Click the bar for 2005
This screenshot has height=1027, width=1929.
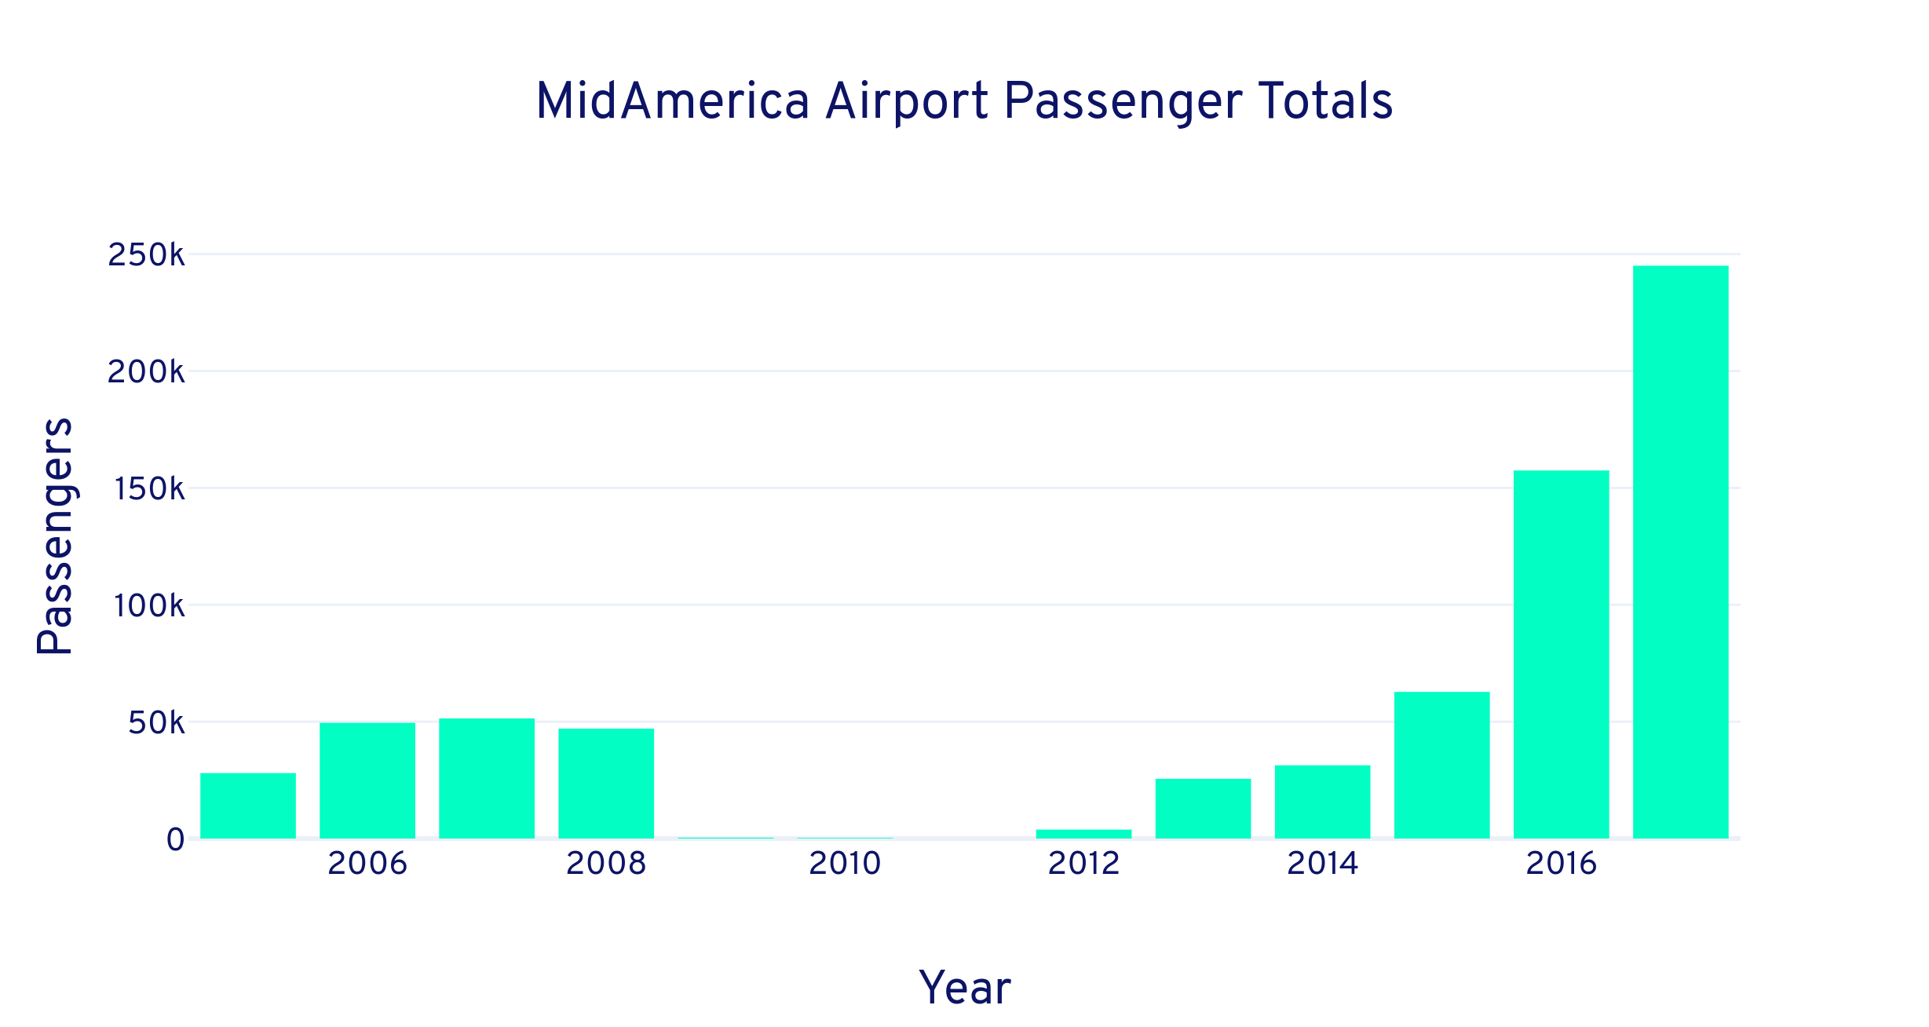(x=248, y=806)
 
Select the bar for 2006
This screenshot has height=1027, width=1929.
(x=367, y=780)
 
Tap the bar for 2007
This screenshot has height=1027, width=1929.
(x=487, y=778)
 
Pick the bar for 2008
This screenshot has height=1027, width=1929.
(x=606, y=784)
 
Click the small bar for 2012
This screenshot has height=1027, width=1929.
(x=1083, y=834)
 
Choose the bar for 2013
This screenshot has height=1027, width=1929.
(x=1203, y=809)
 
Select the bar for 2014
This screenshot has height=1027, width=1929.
(x=1322, y=802)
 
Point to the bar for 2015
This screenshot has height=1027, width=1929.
(x=1441, y=765)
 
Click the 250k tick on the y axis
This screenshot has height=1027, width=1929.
(x=146, y=255)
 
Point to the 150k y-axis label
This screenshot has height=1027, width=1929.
(x=149, y=489)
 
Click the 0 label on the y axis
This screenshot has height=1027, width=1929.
(x=175, y=840)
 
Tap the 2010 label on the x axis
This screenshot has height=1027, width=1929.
(x=845, y=864)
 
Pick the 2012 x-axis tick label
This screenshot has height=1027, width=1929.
(x=1083, y=864)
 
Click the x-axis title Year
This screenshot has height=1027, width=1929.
(x=964, y=987)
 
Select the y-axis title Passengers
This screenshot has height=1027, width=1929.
(x=55, y=535)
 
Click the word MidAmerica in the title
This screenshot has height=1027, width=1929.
(x=672, y=102)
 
